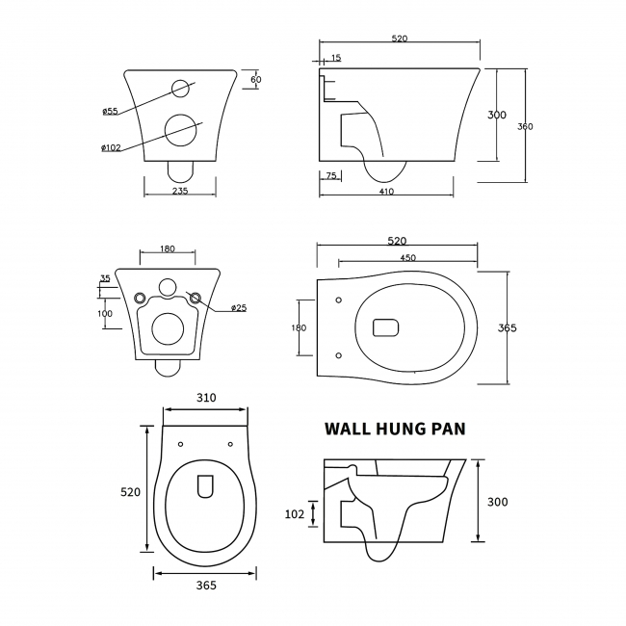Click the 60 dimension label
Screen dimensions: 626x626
[x=256, y=78]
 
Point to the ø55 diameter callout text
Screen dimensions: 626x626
[x=109, y=112]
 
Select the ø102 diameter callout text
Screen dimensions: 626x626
[x=109, y=147]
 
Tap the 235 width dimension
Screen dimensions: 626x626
[x=180, y=191]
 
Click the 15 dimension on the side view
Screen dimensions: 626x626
[x=335, y=59]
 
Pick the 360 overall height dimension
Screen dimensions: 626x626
[x=525, y=126]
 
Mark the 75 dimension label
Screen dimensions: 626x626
[x=331, y=175]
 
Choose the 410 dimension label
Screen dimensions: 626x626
[x=386, y=191]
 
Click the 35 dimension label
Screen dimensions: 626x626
[x=105, y=280]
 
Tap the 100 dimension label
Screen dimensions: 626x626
[x=105, y=314]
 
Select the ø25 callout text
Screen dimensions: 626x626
[x=239, y=308]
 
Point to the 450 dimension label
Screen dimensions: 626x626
[x=408, y=257]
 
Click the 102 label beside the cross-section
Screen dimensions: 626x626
[x=296, y=514]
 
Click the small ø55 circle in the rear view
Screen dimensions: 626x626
[x=180, y=90]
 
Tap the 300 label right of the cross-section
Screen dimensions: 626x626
[x=497, y=502]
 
